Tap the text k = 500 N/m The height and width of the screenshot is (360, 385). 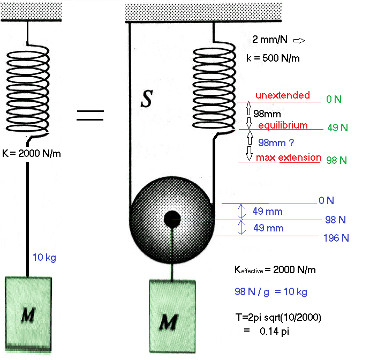(273, 58)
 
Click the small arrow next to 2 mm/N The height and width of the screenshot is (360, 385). (299, 40)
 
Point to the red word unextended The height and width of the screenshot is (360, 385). (282, 95)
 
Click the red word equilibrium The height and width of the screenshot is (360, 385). (283, 125)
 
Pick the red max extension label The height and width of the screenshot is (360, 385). (288, 157)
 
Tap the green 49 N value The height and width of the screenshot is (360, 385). (337, 127)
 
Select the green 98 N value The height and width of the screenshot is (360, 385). (337, 160)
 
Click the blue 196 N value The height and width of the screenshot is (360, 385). (336, 238)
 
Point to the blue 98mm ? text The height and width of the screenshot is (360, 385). (276, 142)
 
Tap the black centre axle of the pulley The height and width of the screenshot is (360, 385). (172, 219)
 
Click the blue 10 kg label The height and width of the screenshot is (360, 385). (44, 258)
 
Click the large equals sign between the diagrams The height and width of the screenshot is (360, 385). (90, 115)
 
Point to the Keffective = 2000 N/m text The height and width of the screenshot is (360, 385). (275, 270)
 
